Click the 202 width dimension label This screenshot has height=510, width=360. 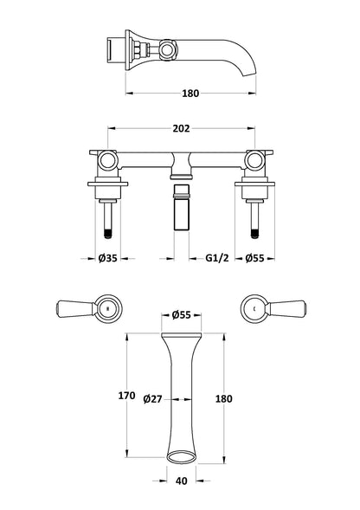tap(182, 128)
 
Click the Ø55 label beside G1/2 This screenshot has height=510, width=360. tap(254, 258)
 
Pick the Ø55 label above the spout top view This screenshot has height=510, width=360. tap(181, 313)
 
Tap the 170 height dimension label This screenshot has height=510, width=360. tap(127, 396)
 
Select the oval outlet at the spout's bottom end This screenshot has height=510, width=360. tap(180, 456)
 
